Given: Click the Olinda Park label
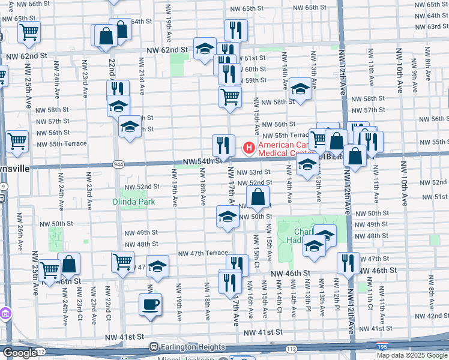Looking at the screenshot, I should tap(134, 202).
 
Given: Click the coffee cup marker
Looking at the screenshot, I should tap(149, 304).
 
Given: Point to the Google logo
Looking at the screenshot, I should tap(19, 353).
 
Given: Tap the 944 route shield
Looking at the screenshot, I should tap(118, 163).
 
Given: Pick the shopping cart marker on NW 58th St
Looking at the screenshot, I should tap(230, 96).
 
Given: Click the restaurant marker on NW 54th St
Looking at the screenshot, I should tap(222, 145).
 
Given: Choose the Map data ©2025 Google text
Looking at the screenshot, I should tap(411, 355).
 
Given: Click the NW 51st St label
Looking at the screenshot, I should tap(438, 197).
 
